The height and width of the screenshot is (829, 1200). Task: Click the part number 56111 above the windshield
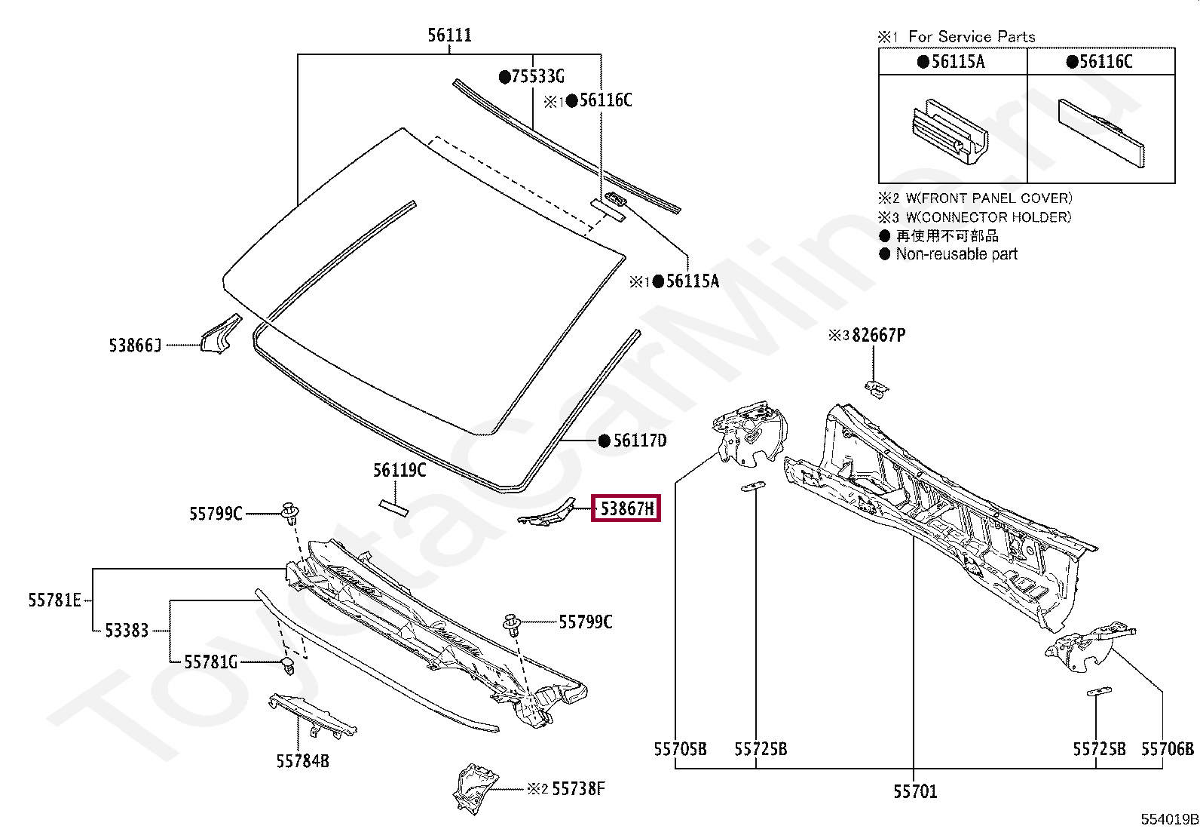point(449,35)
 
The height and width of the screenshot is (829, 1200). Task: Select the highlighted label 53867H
point(626,508)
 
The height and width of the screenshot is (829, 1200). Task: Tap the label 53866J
point(135,345)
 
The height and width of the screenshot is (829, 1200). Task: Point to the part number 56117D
point(639,441)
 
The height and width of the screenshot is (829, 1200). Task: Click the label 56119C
point(399,471)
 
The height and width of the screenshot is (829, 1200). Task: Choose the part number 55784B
point(302,761)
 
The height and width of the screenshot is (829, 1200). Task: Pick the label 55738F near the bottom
point(578,789)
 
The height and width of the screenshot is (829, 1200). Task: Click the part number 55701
point(915,791)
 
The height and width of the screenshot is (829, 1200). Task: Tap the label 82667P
point(878,335)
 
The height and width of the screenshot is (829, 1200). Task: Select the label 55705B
point(680,749)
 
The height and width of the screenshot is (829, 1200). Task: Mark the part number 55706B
point(1167,749)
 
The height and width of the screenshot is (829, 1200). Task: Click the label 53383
point(127,631)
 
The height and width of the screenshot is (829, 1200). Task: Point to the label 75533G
point(537,76)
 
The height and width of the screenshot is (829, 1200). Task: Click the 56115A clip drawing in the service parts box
point(950,130)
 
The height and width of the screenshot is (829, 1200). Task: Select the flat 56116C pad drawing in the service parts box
point(1101,132)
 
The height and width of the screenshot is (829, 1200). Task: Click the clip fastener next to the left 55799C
point(289,512)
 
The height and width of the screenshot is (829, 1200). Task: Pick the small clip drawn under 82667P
point(876,388)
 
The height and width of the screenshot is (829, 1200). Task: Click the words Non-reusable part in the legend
point(957,254)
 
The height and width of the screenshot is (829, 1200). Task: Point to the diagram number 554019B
point(1169,819)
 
